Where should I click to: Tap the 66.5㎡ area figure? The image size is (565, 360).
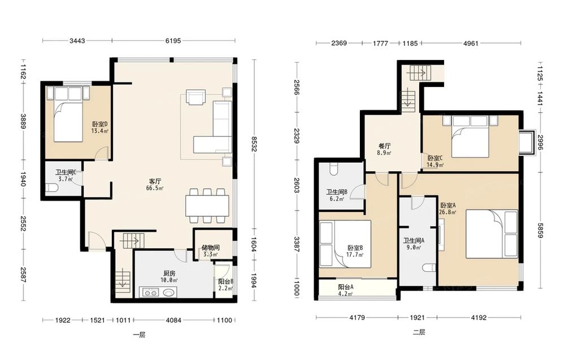point(155,188)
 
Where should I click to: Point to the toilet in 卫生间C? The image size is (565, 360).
point(52,188)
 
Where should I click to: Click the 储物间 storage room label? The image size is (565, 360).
point(210,248)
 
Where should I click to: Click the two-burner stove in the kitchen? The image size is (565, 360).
point(150,292)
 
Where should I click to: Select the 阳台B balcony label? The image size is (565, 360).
point(226,282)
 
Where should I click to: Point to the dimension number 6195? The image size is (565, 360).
point(173,41)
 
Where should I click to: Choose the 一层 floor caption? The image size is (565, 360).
point(139,335)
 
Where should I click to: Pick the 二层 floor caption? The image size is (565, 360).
point(419,332)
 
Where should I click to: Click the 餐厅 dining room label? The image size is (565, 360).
point(384,146)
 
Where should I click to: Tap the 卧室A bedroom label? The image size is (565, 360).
point(448,205)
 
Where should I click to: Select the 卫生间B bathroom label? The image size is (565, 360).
point(337,192)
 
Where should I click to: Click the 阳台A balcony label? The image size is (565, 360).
point(345,287)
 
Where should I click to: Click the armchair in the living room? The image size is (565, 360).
point(195,97)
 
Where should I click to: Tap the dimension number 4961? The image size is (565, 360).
point(471,44)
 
